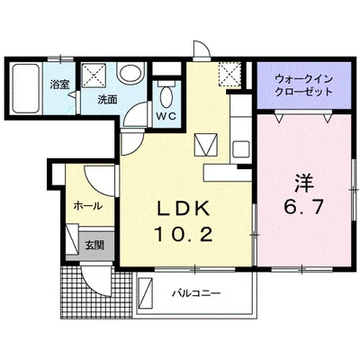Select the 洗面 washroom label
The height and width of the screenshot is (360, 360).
pos(108,100)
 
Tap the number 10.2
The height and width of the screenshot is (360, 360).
pos(185,236)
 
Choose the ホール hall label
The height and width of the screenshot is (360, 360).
pos(88,205)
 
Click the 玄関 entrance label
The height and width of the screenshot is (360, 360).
pos(94,244)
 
